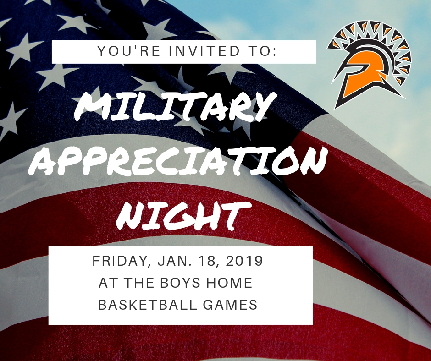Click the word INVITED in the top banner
(x=204, y=51)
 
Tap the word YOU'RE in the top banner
(x=129, y=51)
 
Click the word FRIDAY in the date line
(x=121, y=262)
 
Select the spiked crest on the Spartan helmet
(x=371, y=38)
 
